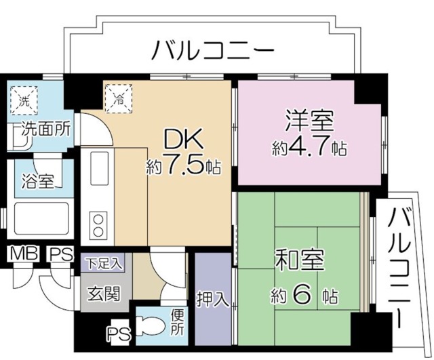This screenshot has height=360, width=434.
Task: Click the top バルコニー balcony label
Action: coord(212,50)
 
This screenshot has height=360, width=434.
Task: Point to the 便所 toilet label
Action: coord(177,323)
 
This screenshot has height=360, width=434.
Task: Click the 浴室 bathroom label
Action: coord(33,182)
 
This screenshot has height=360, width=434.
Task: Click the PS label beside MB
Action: coord(60,254)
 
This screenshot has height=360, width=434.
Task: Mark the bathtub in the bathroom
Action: coord(38,221)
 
